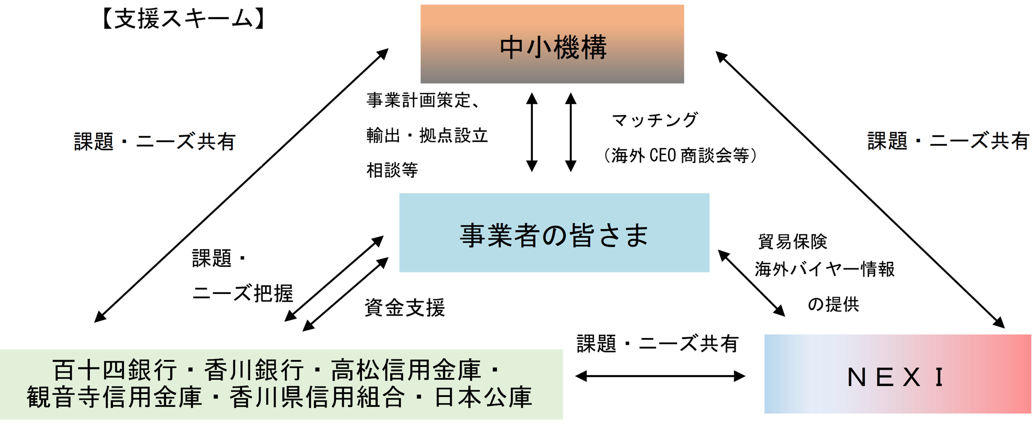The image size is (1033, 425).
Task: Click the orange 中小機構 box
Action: coord(552,44)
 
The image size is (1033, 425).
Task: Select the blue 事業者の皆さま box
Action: coord(554,233)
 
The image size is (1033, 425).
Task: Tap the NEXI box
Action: coord(898,374)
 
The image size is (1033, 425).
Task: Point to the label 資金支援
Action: coord(404,308)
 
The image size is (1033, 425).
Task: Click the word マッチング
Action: coord(654,120)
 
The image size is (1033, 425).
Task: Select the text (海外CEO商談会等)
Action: coord(680,155)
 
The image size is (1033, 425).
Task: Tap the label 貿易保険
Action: coord(792,242)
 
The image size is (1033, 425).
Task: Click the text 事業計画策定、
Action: coord(423,100)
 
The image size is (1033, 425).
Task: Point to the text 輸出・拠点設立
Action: coord(427,135)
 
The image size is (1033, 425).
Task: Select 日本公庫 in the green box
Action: coord(483,397)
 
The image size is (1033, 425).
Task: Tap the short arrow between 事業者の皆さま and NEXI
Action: coord(751,283)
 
